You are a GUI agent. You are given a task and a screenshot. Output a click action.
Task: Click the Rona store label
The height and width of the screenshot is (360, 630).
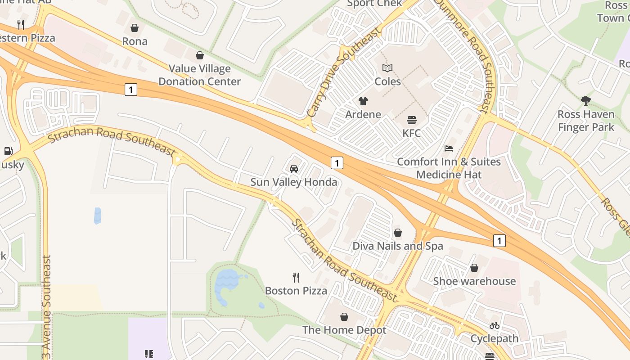point(135,41)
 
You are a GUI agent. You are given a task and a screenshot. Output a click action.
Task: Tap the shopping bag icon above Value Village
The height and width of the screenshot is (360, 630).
point(200,55)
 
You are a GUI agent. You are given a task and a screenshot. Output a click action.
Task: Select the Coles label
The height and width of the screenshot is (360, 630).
point(387,81)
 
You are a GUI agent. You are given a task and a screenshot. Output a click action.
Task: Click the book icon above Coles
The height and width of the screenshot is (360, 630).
point(387,68)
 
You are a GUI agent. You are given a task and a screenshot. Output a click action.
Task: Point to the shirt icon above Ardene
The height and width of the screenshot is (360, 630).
point(363,101)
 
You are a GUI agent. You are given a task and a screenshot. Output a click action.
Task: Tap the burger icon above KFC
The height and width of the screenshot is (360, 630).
point(411,120)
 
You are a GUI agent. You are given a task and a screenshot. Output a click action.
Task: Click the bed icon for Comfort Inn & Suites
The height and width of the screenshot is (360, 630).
point(449,148)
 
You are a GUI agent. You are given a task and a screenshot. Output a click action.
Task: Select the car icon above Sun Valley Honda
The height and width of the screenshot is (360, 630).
point(294,169)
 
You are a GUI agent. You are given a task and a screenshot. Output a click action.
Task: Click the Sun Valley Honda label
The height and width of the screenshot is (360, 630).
point(294,182)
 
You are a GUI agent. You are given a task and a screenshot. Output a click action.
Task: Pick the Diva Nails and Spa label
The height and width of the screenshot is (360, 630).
point(397,246)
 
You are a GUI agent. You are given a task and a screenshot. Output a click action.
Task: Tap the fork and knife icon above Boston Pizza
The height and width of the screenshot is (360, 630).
point(296,277)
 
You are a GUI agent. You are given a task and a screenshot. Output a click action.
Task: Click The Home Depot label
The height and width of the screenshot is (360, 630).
point(344,330)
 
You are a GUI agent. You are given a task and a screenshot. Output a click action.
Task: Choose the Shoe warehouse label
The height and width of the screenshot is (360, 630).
point(474,281)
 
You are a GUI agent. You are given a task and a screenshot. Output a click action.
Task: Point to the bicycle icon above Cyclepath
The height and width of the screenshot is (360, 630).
point(495,325)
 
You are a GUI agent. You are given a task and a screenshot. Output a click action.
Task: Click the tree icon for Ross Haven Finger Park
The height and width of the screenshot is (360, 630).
point(585,101)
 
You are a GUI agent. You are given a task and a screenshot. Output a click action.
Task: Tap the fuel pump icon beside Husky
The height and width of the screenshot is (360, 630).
point(8,151)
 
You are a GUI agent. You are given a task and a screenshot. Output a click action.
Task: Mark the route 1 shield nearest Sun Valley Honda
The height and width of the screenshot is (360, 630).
point(337,162)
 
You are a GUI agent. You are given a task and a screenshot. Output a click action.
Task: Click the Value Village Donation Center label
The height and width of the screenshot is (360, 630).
point(200,75)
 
